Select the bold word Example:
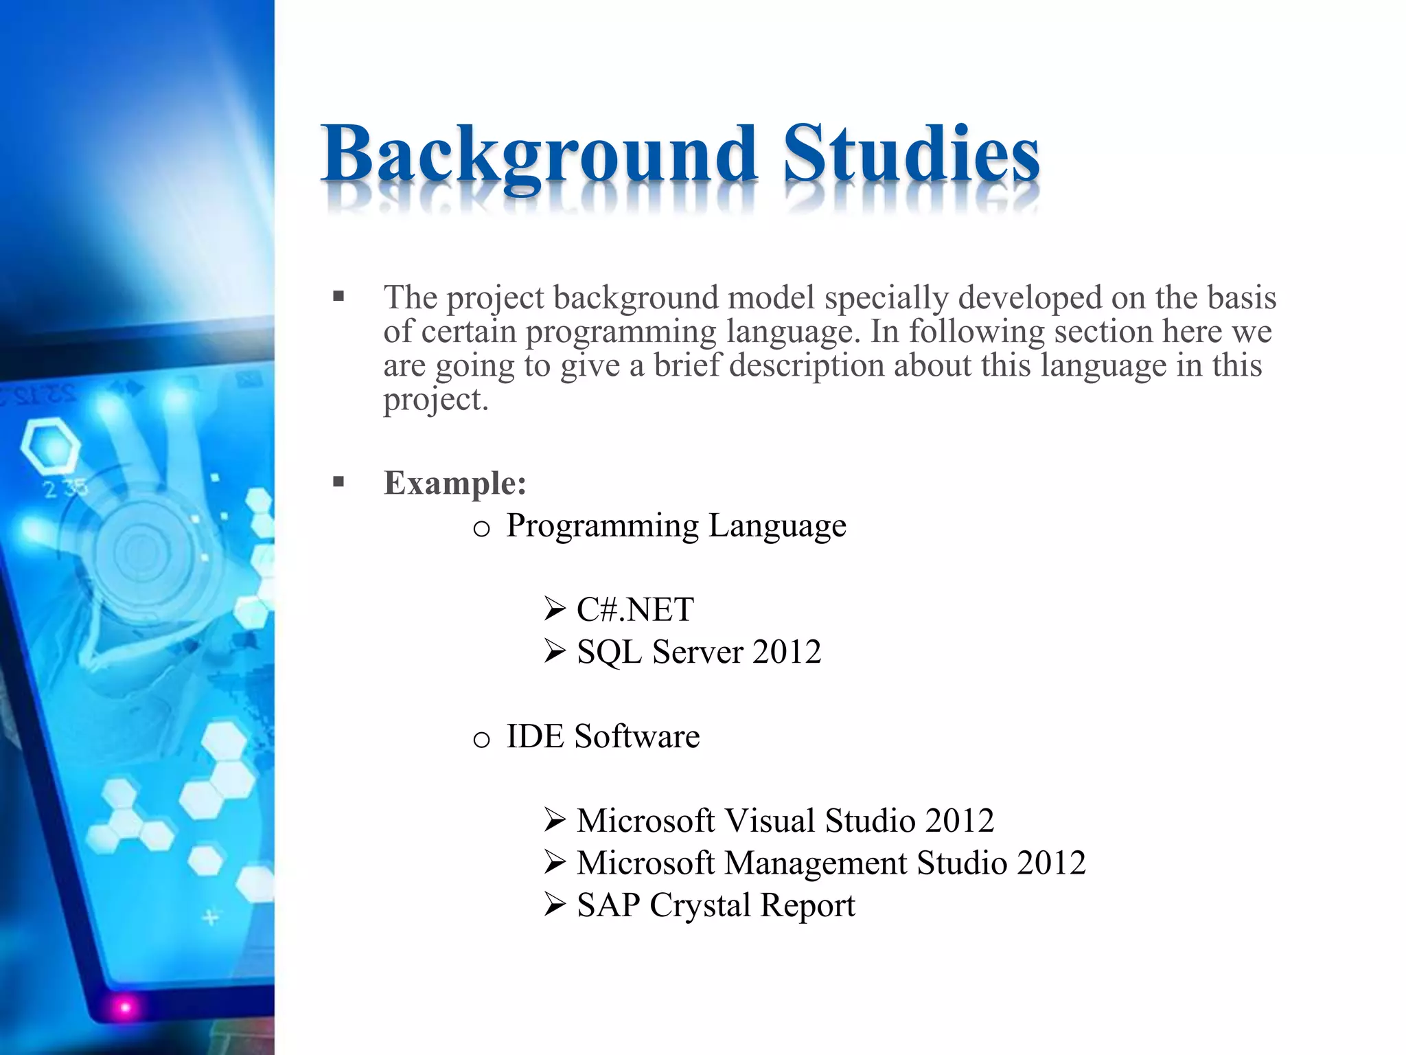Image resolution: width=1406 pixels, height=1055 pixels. coord(455,482)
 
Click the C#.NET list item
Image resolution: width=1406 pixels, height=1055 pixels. coord(635,609)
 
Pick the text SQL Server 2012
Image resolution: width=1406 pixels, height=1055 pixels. coord(699,651)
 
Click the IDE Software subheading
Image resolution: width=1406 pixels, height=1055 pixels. coord(603,736)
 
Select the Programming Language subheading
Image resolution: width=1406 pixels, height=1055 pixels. coord(676,525)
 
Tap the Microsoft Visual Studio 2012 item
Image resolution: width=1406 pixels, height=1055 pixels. coord(785,820)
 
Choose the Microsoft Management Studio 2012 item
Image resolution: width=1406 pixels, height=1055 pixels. coord(831,863)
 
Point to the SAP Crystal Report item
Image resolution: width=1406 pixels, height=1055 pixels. coord(715,905)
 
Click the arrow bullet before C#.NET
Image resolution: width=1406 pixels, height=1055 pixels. coord(554,609)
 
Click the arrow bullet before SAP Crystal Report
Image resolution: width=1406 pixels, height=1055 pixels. coord(554,905)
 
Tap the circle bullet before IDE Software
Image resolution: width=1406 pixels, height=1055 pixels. coord(482,740)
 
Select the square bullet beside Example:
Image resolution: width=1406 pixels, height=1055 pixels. coord(338,482)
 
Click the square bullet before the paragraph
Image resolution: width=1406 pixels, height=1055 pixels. coord(338,297)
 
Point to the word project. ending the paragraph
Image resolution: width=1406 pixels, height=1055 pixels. coord(435,399)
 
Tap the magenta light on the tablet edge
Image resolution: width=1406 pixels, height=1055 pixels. coord(125,1008)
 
